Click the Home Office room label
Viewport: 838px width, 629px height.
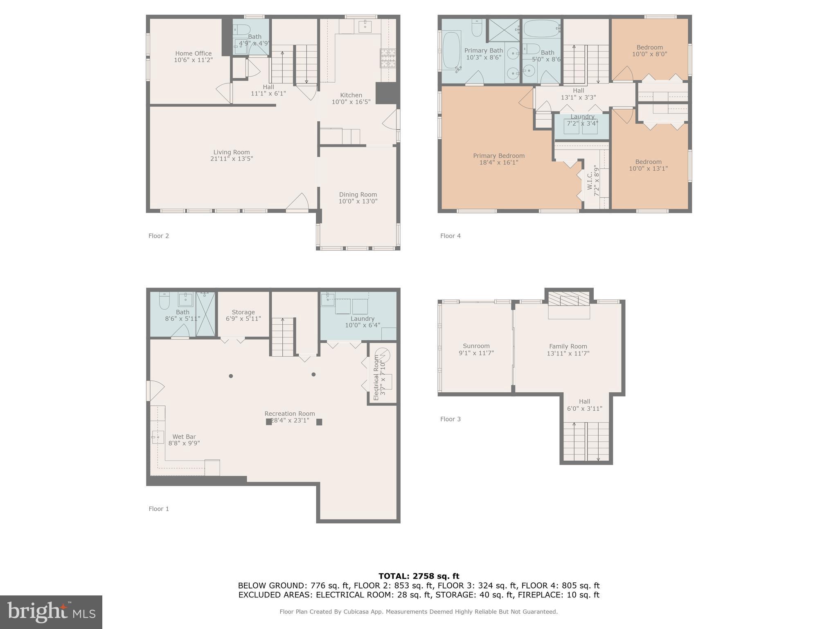click(193, 53)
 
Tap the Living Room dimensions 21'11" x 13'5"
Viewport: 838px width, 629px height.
click(232, 159)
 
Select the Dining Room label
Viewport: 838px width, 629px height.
click(358, 195)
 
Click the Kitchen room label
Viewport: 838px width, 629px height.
click(351, 95)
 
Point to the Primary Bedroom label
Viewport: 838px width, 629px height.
click(498, 156)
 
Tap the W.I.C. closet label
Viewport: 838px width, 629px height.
click(590, 181)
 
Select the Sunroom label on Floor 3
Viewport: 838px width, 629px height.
click(476, 346)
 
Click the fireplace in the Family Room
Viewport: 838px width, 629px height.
click(569, 300)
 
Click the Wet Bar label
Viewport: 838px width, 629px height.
click(184, 437)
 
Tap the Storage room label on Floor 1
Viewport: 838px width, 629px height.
click(243, 312)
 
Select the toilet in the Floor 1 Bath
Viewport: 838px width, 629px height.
click(164, 301)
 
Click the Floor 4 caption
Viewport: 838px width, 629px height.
click(450, 236)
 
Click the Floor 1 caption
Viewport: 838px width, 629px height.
click(158, 509)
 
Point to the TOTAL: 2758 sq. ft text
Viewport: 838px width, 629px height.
click(419, 576)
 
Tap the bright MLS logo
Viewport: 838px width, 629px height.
click(51, 612)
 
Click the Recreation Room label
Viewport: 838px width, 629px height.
click(289, 414)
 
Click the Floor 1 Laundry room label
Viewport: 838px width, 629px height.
click(362, 319)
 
